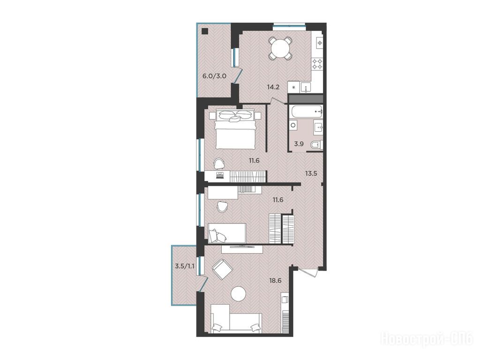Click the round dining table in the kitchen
click(x=281, y=49)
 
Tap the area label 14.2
click(x=273, y=87)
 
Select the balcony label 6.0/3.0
click(x=214, y=76)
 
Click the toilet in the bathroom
click(x=317, y=144)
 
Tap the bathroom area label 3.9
click(x=299, y=144)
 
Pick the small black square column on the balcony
click(x=205, y=31)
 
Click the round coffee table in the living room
click(x=239, y=294)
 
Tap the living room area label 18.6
click(x=275, y=280)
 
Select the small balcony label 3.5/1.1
click(x=185, y=266)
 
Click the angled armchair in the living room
click(x=223, y=269)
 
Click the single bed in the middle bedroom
click(x=227, y=233)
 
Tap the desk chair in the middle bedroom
click(x=222, y=206)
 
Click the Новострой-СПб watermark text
click(x=427, y=339)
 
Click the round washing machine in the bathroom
click(x=293, y=125)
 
